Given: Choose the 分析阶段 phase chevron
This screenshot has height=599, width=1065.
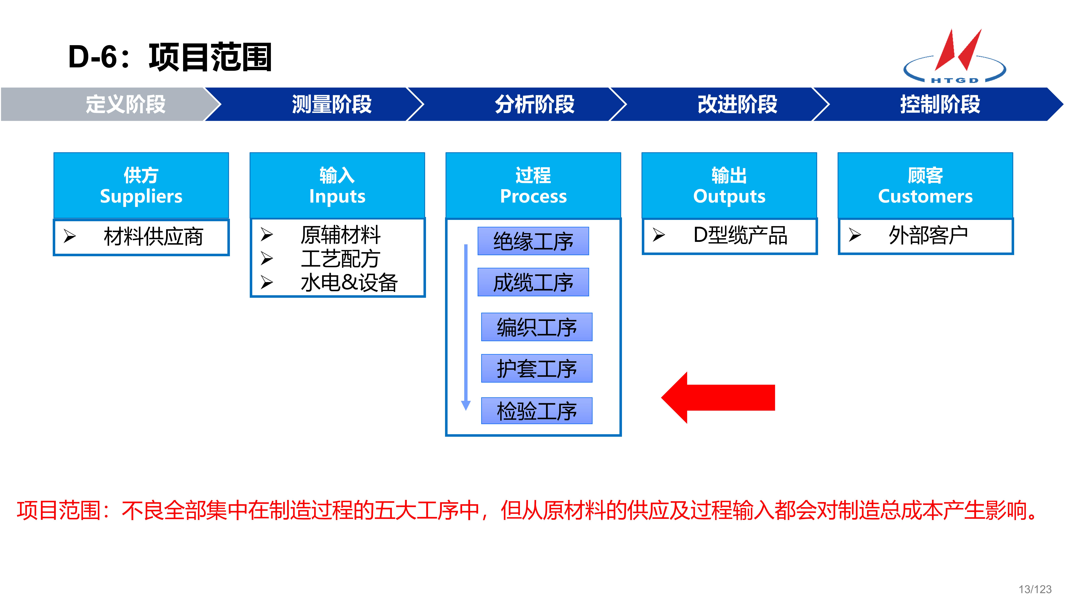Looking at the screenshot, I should click(x=534, y=104).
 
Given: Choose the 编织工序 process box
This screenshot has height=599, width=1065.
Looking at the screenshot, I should click(x=537, y=327).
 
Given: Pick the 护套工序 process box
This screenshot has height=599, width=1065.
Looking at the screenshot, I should click(x=537, y=368).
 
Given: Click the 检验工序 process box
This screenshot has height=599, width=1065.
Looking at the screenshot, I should click(x=537, y=411).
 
